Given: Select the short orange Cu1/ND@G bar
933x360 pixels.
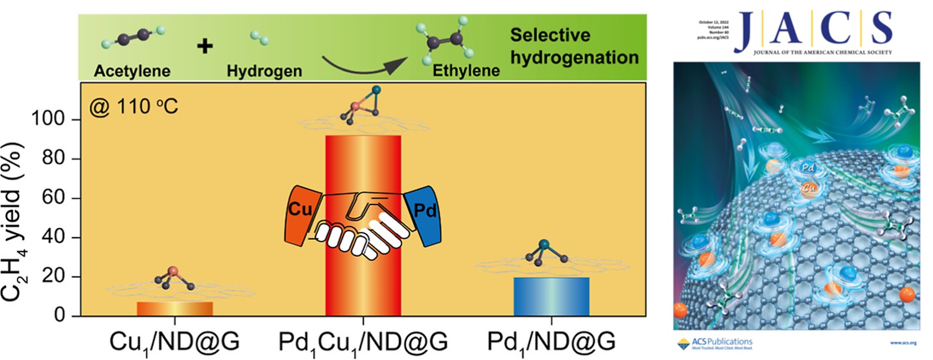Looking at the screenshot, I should coord(175,309).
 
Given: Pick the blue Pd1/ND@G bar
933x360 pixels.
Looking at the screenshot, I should coord(551,297).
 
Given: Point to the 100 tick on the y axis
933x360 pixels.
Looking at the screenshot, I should coord(48,119).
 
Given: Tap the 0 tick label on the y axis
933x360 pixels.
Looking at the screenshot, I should coord(59,316).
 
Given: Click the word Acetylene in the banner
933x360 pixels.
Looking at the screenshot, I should coord(132,71).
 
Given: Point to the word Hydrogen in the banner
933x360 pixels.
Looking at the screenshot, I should coord(264,71).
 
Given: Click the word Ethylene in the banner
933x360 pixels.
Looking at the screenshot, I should coord(466,71).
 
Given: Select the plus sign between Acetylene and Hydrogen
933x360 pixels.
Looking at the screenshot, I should coord(204,46).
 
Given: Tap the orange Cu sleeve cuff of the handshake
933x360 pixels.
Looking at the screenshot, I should coord(301,214).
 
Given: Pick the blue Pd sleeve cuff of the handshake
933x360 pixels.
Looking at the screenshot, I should coord(423,214).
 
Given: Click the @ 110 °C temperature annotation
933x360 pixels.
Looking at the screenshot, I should coord(133,107).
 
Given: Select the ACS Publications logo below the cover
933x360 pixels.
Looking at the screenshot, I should coord(715,344).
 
